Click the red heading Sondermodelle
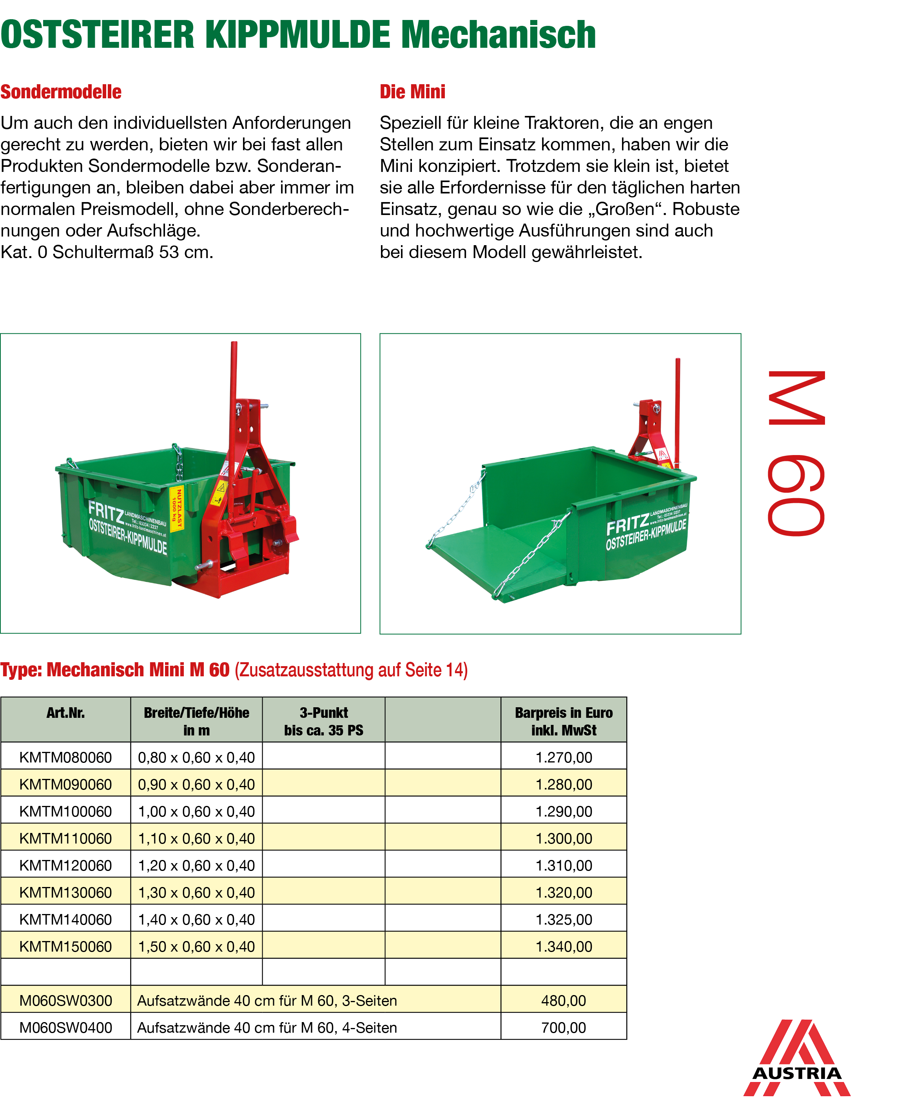click(61, 92)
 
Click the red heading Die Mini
click(412, 92)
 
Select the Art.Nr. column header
click(65, 713)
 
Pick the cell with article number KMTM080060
click(65, 757)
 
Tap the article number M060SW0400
click(65, 1028)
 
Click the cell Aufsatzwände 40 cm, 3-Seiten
click(267, 1001)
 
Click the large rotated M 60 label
click(796, 453)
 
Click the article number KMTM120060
click(65, 865)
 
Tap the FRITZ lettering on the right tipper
click(627, 525)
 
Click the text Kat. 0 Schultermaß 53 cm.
click(107, 252)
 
